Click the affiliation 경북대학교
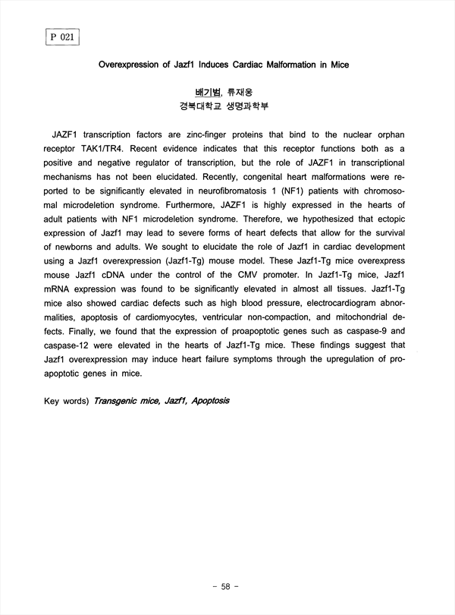point(201,106)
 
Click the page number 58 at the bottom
point(227,586)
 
